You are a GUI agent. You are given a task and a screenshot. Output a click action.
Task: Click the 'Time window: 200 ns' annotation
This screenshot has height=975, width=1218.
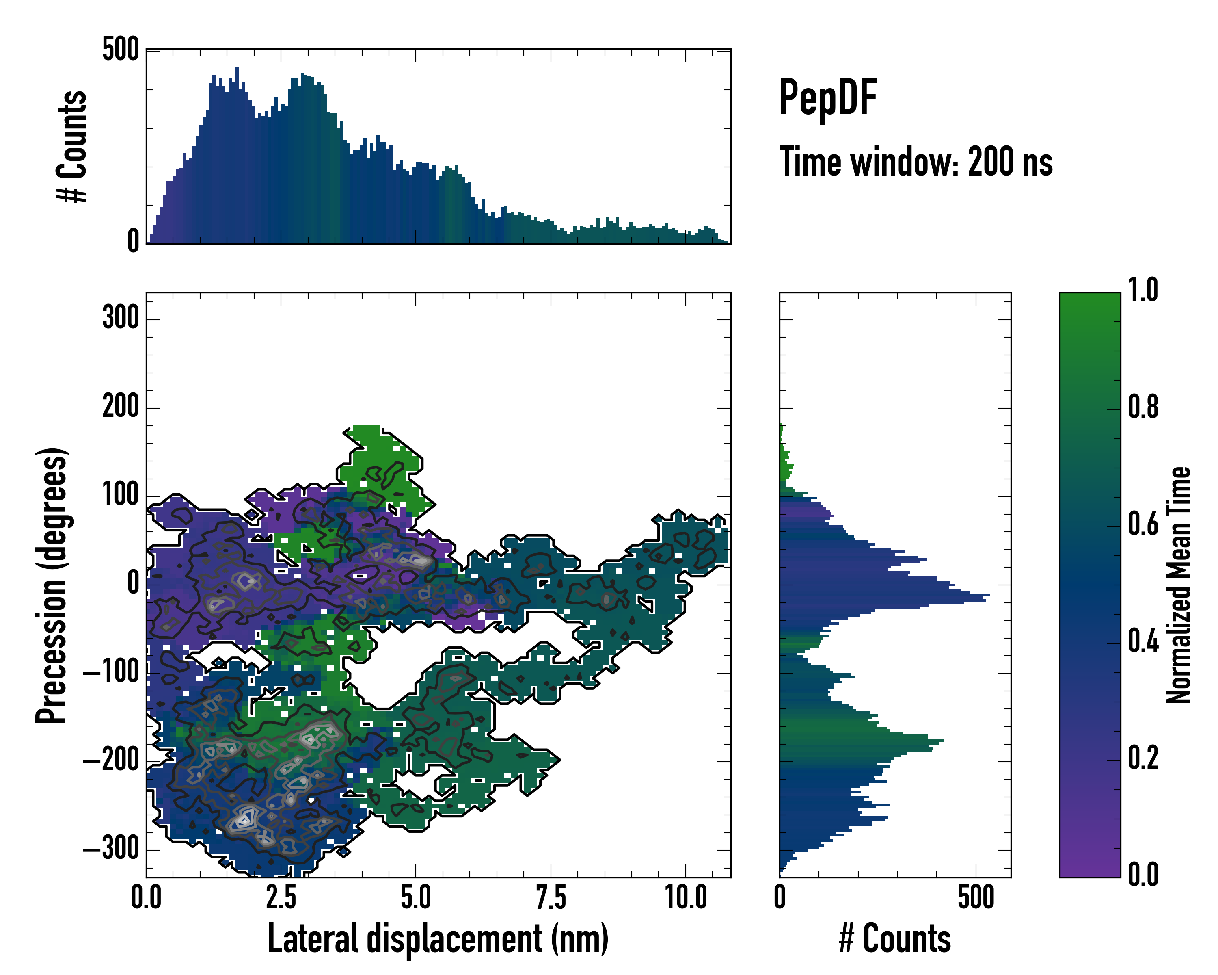[916, 162]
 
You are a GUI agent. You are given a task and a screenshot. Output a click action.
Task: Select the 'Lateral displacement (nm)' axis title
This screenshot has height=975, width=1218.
[438, 939]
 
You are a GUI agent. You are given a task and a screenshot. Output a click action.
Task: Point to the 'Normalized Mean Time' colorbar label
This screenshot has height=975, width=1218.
[1179, 585]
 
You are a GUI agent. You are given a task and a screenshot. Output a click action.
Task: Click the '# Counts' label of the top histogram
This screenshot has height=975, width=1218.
[72, 146]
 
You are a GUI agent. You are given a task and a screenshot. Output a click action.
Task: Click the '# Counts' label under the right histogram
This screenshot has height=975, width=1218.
[895, 939]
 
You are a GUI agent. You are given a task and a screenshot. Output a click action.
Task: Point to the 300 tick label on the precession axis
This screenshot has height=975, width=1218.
[120, 318]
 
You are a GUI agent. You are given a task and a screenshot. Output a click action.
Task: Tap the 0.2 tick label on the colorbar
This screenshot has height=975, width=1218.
[1143, 758]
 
